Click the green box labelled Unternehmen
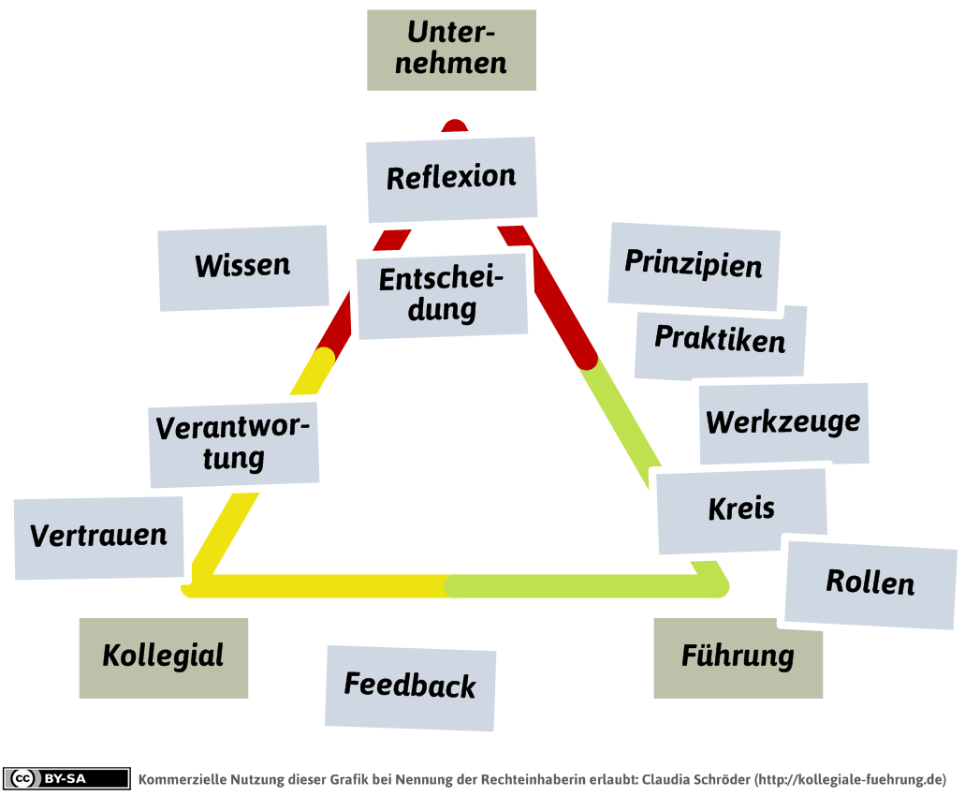(451, 51)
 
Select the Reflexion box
(451, 178)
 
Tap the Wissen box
(242, 267)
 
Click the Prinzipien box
(694, 265)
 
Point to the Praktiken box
(720, 342)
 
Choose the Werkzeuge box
(783, 422)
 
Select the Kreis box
(741, 510)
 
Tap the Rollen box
(870, 583)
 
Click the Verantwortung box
(234, 444)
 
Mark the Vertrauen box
(98, 537)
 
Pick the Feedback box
(410, 686)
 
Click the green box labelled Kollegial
(163, 657)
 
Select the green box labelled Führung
(738, 657)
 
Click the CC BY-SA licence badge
(67, 779)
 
